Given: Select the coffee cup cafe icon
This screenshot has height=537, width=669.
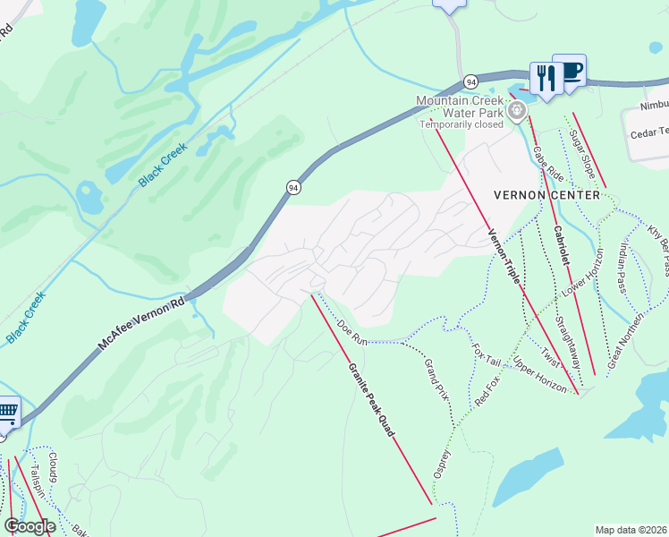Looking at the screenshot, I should coord(570,72).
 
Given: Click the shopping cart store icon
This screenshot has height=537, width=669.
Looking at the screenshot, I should coord(7,411).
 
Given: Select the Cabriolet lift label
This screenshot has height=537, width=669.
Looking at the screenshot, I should coord(561,243).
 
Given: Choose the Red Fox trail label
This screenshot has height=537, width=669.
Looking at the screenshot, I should coord(487,389).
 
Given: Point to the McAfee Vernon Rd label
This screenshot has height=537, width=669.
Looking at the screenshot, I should coord(142,321).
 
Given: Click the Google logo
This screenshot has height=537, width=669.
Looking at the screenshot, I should coord(30,526).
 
